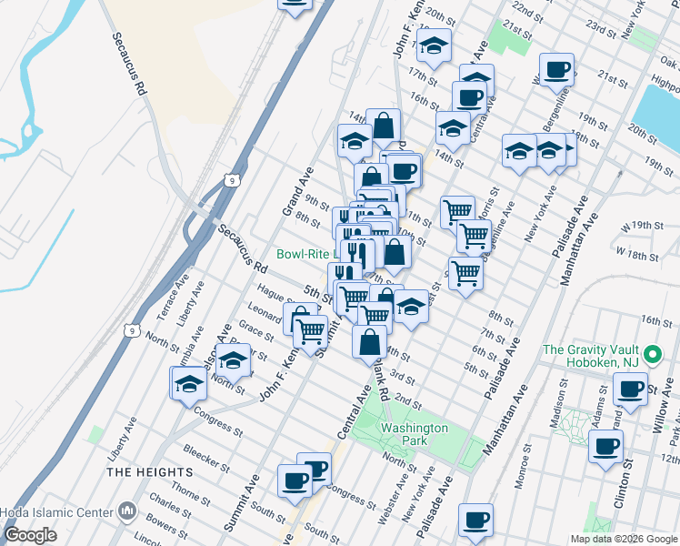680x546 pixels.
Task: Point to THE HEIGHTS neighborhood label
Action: [150, 472]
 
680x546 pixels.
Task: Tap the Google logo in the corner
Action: [30, 535]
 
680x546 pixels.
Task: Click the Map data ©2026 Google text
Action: [623, 539]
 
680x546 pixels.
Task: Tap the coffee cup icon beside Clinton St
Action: [605, 447]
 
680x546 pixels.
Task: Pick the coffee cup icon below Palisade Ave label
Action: [475, 520]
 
